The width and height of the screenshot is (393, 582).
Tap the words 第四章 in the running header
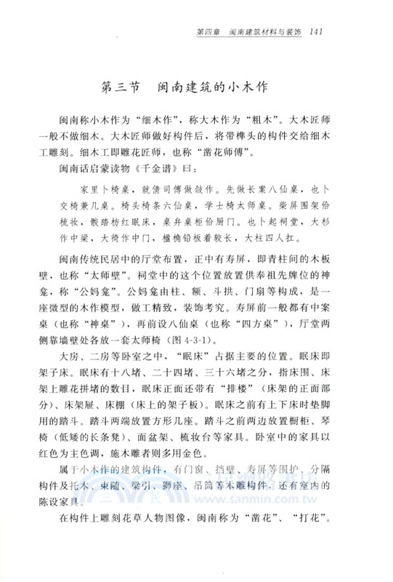[209, 31]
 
